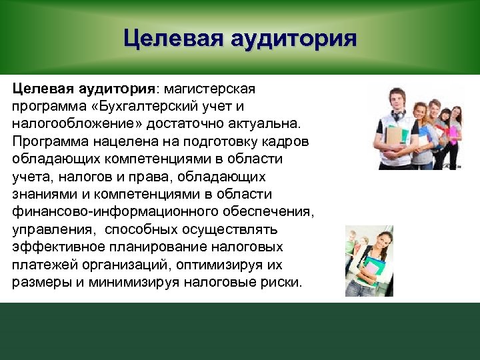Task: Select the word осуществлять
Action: tap(219, 229)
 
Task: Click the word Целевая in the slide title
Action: tap(172, 38)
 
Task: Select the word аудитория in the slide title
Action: tap(293, 38)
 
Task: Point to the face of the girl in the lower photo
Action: tap(370, 243)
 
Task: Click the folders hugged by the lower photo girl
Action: tap(374, 270)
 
